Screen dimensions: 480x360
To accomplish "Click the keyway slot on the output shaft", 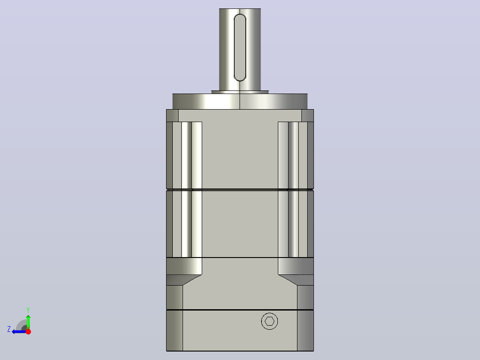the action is pyautogui.click(x=240, y=48).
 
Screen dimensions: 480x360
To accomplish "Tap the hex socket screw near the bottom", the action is pyautogui.click(x=269, y=321).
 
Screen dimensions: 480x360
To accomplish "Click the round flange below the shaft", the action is pyautogui.click(x=240, y=102).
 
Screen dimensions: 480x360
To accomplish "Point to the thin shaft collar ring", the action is pyautogui.click(x=240, y=92).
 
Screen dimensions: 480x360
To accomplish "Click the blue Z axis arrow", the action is pyautogui.click(x=20, y=331).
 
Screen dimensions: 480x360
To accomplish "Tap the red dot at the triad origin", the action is pyautogui.click(x=28, y=331).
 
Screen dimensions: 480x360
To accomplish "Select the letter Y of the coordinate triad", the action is pyautogui.click(x=28, y=310).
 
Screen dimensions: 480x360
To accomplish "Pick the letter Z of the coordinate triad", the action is pyautogui.click(x=9, y=329).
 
